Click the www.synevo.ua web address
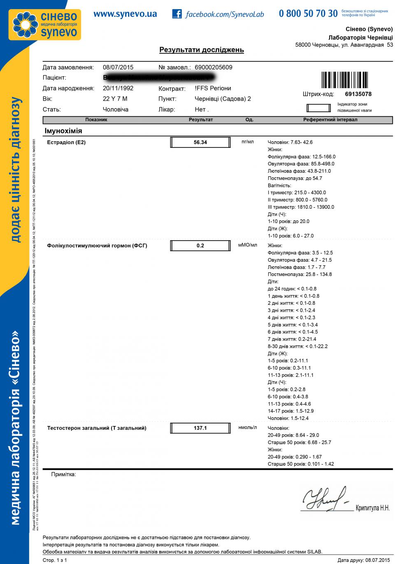(125, 14)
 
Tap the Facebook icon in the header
(177, 14)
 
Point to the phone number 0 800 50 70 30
(308, 14)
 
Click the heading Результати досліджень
(202, 50)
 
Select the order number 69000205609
(213, 67)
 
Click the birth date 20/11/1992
(118, 88)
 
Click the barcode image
(345, 80)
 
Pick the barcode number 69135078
(358, 94)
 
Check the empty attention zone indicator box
(318, 108)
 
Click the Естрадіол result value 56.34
(200, 142)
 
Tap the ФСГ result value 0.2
(200, 246)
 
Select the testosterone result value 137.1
(200, 428)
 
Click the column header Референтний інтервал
(330, 119)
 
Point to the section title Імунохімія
(63, 131)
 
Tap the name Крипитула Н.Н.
(372, 508)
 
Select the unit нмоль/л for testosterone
(247, 427)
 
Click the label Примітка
(63, 475)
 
